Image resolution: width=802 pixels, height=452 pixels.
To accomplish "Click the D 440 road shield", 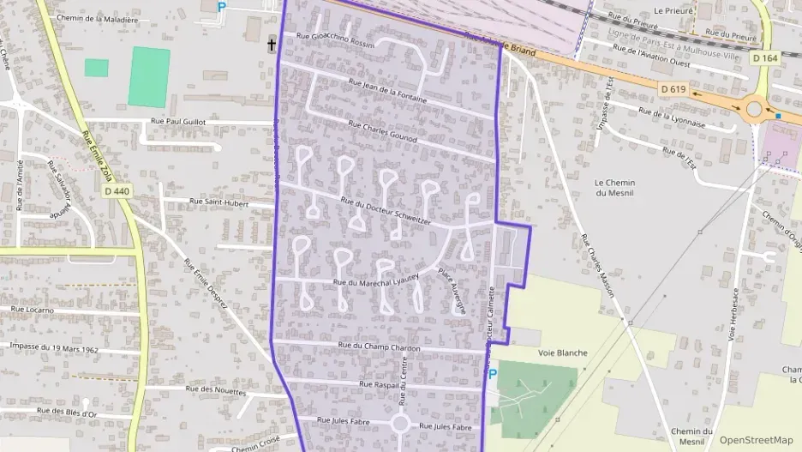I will coord(117,191).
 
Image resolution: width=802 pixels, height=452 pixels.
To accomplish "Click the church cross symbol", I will coord(272,44).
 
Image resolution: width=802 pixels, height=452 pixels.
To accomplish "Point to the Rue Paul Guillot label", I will coord(178,123).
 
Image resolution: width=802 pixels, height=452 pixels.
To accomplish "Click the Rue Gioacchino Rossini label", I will coord(335,40).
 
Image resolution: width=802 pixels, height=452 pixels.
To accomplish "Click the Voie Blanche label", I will coord(562,353).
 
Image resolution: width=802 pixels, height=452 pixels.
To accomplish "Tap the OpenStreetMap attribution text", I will coord(756,440).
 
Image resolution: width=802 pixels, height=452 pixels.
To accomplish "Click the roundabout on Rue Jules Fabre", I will coord(400,424).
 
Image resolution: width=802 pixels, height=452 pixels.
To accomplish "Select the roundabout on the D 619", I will coord(755,109).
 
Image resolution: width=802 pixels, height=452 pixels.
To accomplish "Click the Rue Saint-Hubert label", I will coord(218,202).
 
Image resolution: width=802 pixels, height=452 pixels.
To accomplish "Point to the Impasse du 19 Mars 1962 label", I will coord(54,347).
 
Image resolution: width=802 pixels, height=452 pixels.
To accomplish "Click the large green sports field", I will coord(149,76).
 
